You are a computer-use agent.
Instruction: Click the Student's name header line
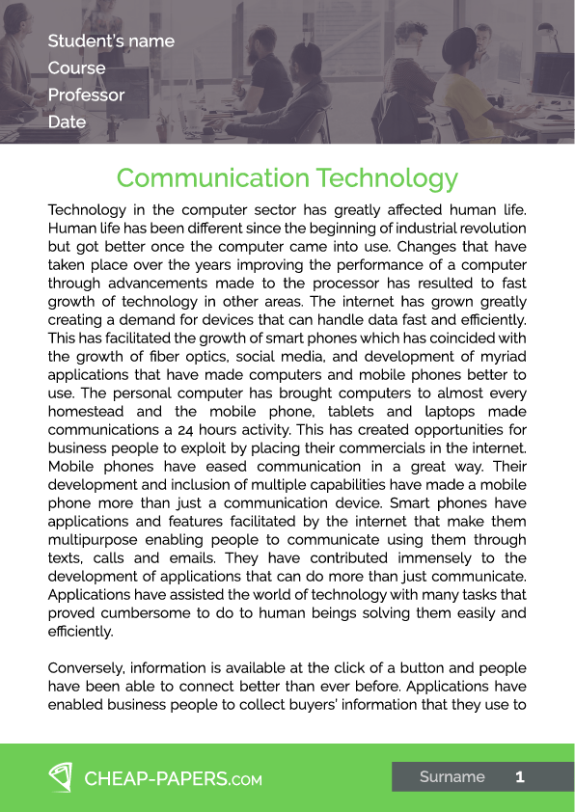[111, 41]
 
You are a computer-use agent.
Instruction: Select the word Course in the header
[76, 68]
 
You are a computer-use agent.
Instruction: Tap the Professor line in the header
[86, 95]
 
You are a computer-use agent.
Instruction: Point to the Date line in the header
[67, 122]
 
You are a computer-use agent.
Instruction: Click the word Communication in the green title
[209, 178]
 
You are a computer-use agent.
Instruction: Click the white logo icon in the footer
[61, 777]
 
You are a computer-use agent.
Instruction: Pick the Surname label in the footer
[452, 777]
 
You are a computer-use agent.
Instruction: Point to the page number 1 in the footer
[520, 777]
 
